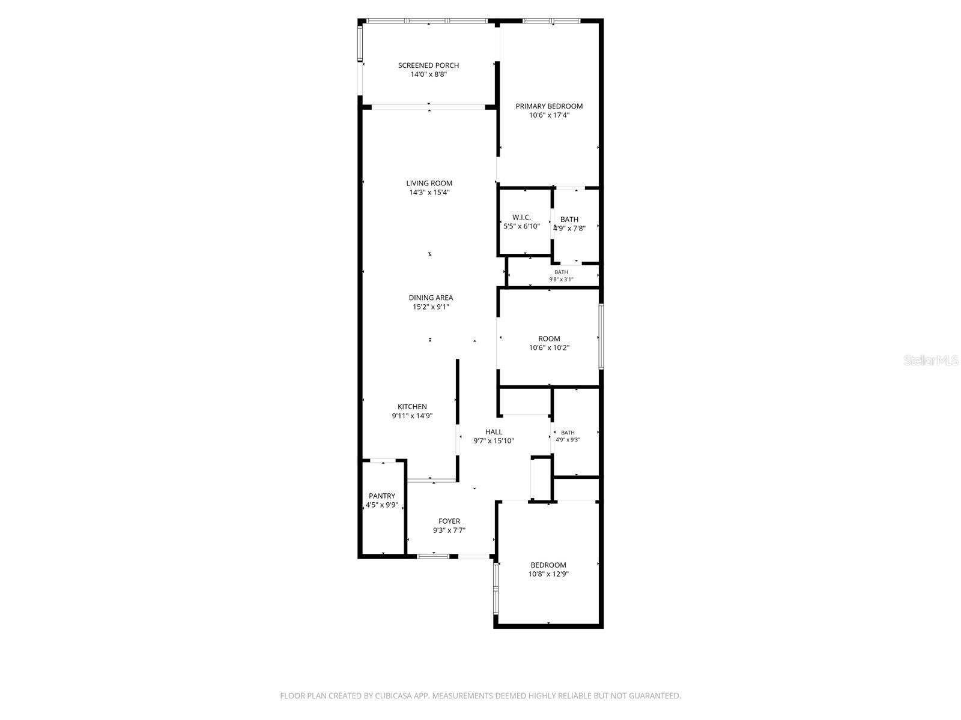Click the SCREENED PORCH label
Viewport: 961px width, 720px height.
pyautogui.click(x=428, y=65)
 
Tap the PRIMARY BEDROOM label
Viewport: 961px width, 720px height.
pyautogui.click(x=549, y=106)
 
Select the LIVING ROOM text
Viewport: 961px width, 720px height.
pyautogui.click(x=429, y=183)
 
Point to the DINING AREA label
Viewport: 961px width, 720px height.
pyautogui.click(x=431, y=298)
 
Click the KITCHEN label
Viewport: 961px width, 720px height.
pyautogui.click(x=412, y=407)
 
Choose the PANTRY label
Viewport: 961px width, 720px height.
pyautogui.click(x=382, y=496)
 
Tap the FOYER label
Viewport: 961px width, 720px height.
pyautogui.click(x=449, y=521)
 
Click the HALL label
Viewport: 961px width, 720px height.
pyautogui.click(x=494, y=431)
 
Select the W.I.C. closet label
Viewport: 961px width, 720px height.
pyautogui.click(x=521, y=217)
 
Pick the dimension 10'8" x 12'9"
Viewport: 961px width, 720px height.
pyautogui.click(x=548, y=574)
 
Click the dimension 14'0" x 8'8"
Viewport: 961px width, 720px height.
pyautogui.click(x=428, y=74)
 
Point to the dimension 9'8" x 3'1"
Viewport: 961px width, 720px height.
pyautogui.click(x=561, y=280)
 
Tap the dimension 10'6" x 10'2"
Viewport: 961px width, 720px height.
pyautogui.click(x=549, y=347)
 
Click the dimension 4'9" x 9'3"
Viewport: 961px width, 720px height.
pyautogui.click(x=568, y=440)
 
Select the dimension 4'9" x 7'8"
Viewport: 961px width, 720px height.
pyautogui.click(x=569, y=228)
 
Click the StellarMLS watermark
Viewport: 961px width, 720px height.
pyautogui.click(x=931, y=360)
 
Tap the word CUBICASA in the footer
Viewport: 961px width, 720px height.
pyautogui.click(x=393, y=695)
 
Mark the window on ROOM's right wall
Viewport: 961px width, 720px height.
pyautogui.click(x=601, y=337)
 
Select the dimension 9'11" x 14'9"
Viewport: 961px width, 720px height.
pyautogui.click(x=412, y=416)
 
